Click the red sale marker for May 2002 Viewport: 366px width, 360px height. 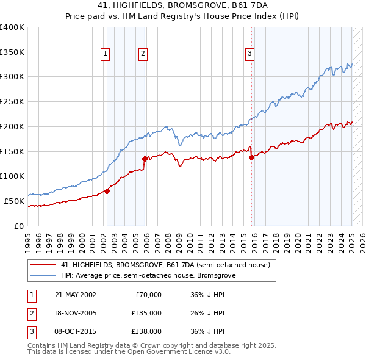pos(107,191)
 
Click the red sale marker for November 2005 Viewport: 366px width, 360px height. pos(145,159)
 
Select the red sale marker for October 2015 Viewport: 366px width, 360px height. pos(251,157)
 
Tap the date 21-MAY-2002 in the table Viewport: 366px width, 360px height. pos(76,295)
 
